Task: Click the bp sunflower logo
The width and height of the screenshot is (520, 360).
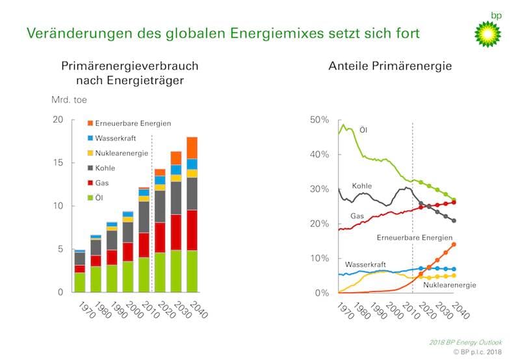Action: [487, 32]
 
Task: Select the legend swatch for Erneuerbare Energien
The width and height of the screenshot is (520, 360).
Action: [90, 123]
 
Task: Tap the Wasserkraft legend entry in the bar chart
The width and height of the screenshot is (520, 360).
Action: [114, 138]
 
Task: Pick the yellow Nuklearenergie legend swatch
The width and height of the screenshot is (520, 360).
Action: [90, 153]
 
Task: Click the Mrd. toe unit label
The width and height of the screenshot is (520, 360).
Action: [68, 100]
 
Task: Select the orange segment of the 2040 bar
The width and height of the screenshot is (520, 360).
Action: [192, 148]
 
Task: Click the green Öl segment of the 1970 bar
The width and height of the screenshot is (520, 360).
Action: [79, 282]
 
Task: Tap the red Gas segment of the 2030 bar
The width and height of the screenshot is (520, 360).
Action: [176, 232]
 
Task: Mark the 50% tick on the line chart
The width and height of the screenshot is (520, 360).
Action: [320, 120]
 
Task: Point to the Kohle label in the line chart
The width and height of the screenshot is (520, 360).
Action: [362, 186]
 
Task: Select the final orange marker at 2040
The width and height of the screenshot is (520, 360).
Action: [453, 244]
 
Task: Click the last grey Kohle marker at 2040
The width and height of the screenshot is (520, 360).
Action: [453, 221]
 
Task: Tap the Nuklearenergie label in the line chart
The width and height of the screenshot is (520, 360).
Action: [448, 285]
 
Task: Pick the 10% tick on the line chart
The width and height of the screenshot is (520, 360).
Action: [320, 258]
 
